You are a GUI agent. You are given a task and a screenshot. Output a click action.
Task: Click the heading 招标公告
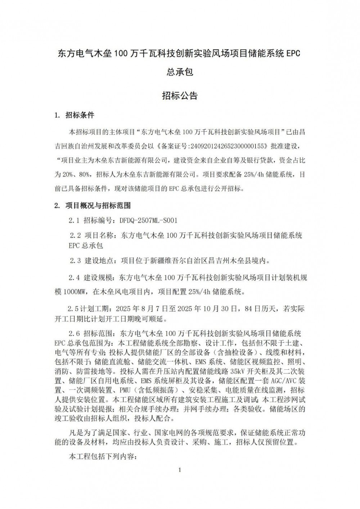point(180,96)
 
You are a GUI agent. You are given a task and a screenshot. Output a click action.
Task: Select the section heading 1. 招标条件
point(74,115)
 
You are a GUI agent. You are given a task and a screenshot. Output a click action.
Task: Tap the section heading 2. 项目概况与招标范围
point(92,206)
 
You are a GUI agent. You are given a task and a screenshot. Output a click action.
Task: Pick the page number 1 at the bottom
point(180,470)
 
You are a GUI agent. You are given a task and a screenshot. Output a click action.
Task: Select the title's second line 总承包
point(180,72)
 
